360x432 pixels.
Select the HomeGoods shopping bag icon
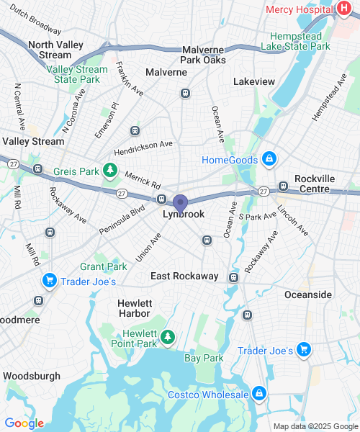pyautogui.click(x=269, y=159)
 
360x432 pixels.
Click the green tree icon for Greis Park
pyautogui.click(x=109, y=171)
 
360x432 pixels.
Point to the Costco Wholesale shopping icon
pyautogui.click(x=258, y=394)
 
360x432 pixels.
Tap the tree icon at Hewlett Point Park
pyautogui.click(x=167, y=336)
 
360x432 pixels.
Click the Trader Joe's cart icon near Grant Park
pyautogui.click(x=49, y=281)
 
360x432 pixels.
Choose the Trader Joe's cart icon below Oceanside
pyautogui.click(x=304, y=350)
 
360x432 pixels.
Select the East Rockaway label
pyautogui.click(x=184, y=276)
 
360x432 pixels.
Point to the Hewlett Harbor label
pyautogui.click(x=134, y=308)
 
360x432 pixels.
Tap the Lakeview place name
pyautogui.click(x=254, y=82)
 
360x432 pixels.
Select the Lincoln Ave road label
pyautogui.click(x=292, y=221)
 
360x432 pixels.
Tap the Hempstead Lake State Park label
pyautogui.click(x=300, y=41)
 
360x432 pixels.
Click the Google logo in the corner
pyautogui.click(x=24, y=423)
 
